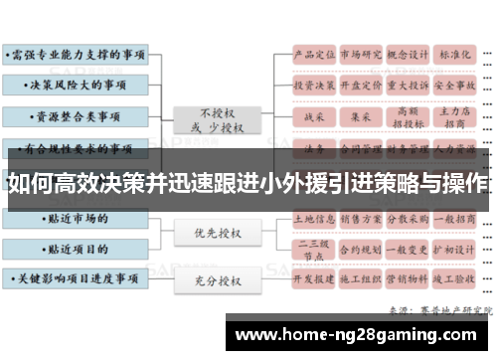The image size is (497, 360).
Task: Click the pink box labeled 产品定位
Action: coord(312,55)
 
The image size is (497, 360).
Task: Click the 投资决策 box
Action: coord(312,87)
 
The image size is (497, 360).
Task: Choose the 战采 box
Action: coord(312,117)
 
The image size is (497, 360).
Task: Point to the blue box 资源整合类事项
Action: coord(75,116)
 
